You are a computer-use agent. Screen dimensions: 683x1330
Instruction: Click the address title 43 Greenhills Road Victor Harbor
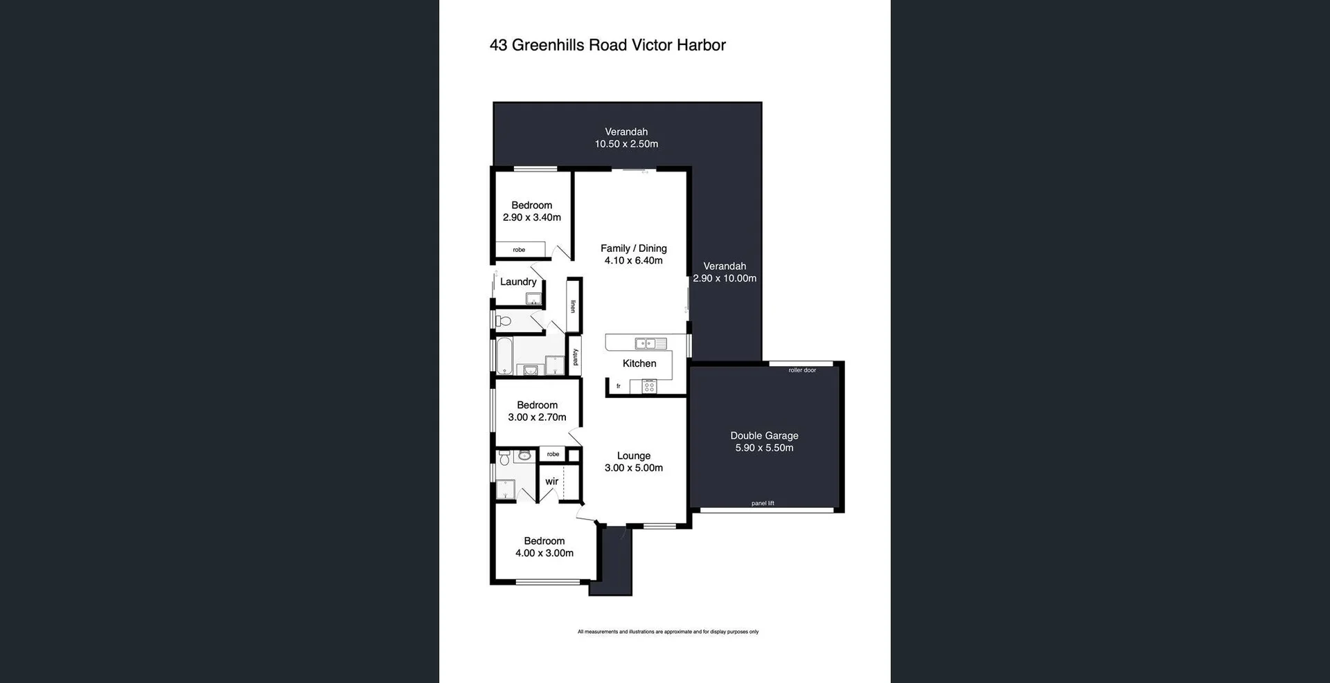pyautogui.click(x=608, y=46)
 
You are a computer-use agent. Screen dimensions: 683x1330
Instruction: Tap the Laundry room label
pyautogui.click(x=517, y=282)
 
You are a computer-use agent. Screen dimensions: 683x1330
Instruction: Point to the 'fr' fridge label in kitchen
pyautogui.click(x=618, y=386)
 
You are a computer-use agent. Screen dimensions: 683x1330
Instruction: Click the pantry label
pyautogui.click(x=575, y=357)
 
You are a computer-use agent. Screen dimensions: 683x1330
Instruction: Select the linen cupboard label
pyautogui.click(x=573, y=306)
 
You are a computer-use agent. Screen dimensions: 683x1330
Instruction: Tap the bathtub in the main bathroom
pyautogui.click(x=504, y=356)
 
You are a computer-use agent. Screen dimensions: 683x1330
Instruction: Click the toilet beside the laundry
pyautogui.click(x=504, y=321)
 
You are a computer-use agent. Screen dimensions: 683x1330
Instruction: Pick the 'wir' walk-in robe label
pyautogui.click(x=551, y=482)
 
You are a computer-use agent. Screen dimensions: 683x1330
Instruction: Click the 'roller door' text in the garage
pyautogui.click(x=802, y=370)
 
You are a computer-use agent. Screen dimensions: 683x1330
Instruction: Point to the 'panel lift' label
pyautogui.click(x=763, y=503)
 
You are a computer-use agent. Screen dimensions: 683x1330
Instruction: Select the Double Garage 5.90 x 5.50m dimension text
pyautogui.click(x=764, y=448)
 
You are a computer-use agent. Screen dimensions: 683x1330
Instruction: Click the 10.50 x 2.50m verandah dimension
pyautogui.click(x=626, y=144)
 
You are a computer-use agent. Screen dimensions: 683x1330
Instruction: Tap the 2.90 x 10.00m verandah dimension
pyautogui.click(x=725, y=278)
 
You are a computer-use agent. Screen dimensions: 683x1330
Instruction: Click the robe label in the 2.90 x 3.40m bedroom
pyautogui.click(x=519, y=250)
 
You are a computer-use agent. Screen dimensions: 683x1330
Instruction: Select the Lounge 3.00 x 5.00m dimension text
pyautogui.click(x=633, y=468)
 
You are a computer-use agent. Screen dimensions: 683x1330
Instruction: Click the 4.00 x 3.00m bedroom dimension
pyautogui.click(x=544, y=553)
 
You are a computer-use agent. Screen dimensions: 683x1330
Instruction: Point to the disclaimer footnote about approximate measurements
pyautogui.click(x=668, y=632)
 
